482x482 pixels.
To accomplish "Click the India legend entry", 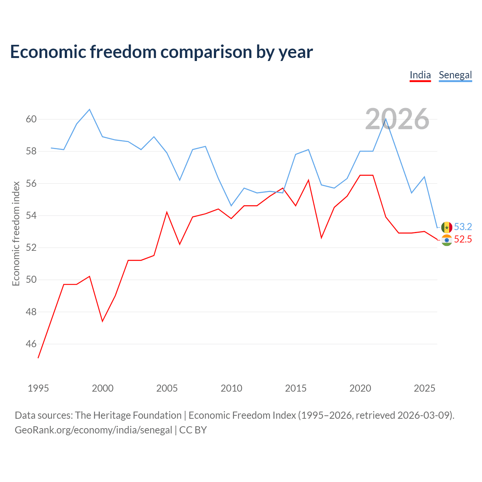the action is click(x=420, y=75).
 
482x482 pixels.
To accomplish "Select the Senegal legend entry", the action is click(x=455, y=75).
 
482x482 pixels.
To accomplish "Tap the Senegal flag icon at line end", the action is click(x=447, y=227).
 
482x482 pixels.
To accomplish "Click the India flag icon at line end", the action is click(x=447, y=240).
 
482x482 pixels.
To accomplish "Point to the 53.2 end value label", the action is click(x=463, y=227).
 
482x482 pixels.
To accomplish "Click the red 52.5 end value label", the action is click(x=463, y=239).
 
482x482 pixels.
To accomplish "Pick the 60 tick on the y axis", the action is click(x=31, y=119).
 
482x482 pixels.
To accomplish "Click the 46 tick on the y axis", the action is click(x=31, y=344).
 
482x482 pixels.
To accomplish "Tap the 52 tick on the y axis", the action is click(x=31, y=248).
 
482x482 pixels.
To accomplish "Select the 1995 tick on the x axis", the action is click(x=38, y=389).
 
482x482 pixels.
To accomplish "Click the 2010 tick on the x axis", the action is click(x=231, y=389).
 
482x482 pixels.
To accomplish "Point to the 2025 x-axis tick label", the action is click(x=424, y=389).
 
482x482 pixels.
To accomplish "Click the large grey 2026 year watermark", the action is click(x=397, y=119).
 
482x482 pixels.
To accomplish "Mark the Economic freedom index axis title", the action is click(x=16, y=233).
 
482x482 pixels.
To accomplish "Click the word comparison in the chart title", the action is click(x=206, y=52).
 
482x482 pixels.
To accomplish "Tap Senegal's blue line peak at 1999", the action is click(x=90, y=110).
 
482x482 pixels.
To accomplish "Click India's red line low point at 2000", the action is click(x=102, y=321).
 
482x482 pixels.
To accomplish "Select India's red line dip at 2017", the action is click(x=322, y=238).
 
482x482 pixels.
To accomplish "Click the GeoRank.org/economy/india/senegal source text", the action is click(x=93, y=430).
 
